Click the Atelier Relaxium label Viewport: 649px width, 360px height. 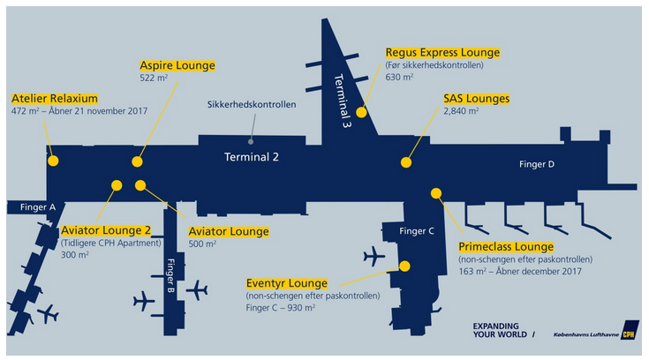tap(54, 98)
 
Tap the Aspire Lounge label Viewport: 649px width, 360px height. tap(177, 65)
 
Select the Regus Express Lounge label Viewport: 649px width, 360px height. tap(442, 52)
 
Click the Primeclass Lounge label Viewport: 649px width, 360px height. tap(506, 247)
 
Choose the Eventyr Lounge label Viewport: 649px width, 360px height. tap(287, 283)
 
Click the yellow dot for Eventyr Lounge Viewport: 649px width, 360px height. tap(404, 266)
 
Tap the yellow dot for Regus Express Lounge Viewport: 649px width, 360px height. tap(361, 113)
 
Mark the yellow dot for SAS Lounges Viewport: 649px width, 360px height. tap(406, 162)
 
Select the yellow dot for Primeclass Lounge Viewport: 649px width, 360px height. tap(435, 193)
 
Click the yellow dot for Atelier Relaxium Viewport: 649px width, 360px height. tap(53, 161)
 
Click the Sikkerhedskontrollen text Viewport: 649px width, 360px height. tap(252, 104)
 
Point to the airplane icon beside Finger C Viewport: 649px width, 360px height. tap(374, 257)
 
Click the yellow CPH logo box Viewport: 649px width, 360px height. tap(628, 334)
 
